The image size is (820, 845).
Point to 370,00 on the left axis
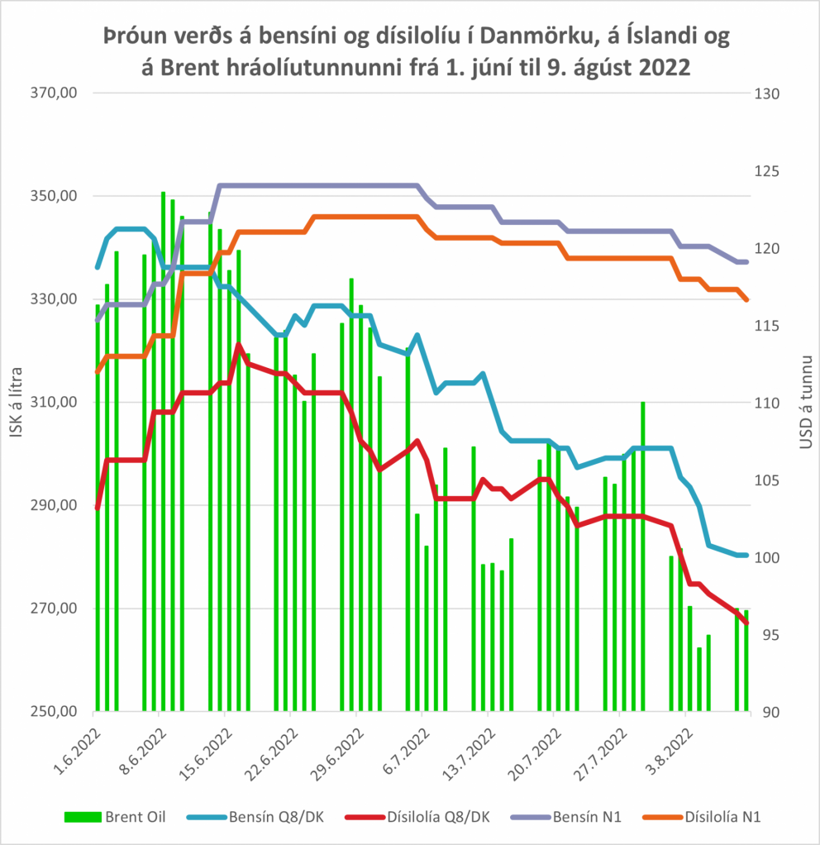(55, 93)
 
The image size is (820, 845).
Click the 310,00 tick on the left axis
(55, 403)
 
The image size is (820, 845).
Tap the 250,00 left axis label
(55, 712)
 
